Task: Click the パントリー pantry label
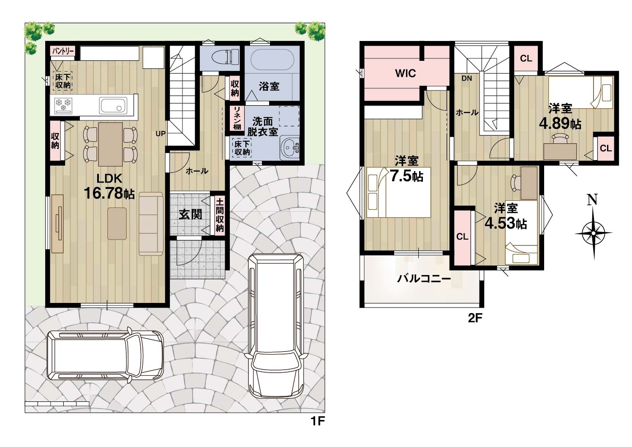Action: pos(63,52)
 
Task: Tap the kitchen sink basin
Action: pos(113,106)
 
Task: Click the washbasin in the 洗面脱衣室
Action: pos(290,147)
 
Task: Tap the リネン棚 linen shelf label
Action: pos(237,118)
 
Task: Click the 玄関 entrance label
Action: pos(191,215)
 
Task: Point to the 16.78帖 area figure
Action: pos(109,193)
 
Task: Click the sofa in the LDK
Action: pos(151,224)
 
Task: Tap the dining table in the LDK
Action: pos(110,144)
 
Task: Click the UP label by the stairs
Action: pos(161,134)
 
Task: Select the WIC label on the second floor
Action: pos(406,74)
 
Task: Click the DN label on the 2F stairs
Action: pos(467,79)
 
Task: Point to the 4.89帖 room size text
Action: pos(560,123)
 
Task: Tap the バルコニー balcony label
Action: pos(424,279)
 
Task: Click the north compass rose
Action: pos(594,233)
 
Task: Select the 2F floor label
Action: pos(475,318)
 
